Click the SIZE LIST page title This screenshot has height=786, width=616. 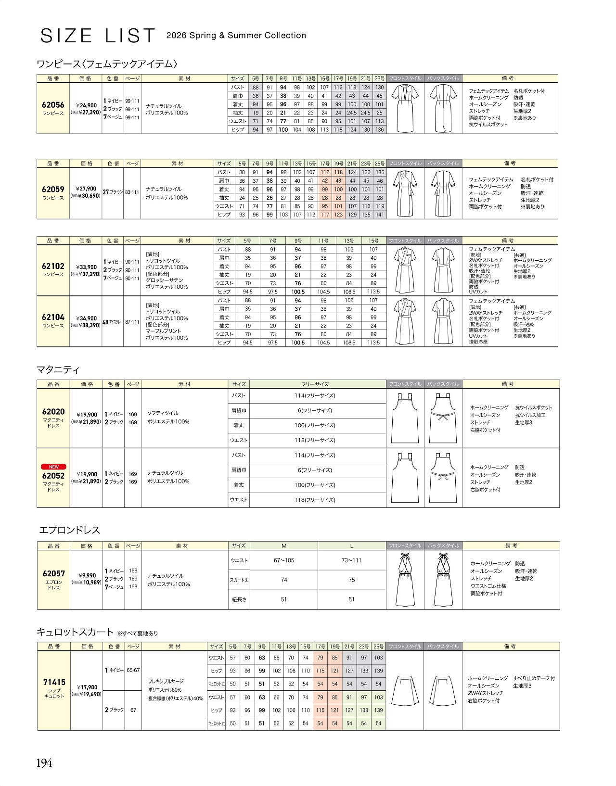pyautogui.click(x=98, y=36)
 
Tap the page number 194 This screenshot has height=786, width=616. pyautogui.click(x=44, y=763)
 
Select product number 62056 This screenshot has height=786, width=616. pyautogui.click(x=53, y=105)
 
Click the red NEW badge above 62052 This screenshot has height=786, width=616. pyautogui.click(x=53, y=467)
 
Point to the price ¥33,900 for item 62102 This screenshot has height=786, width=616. pyautogui.click(x=86, y=267)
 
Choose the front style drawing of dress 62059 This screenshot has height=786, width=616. pyautogui.click(x=405, y=193)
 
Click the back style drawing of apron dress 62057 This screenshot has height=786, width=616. pyautogui.click(x=443, y=580)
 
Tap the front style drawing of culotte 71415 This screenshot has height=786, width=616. pyautogui.click(x=405, y=691)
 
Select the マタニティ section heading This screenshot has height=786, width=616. pyautogui.click(x=58, y=369)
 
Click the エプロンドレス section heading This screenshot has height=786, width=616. pyautogui.click(x=70, y=530)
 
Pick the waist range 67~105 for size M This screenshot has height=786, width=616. pyautogui.click(x=284, y=560)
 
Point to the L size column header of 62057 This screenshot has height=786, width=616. pyautogui.click(x=352, y=546)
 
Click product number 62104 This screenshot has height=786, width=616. pyautogui.click(x=53, y=317)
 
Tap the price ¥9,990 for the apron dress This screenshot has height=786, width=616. pyautogui.click(x=87, y=575)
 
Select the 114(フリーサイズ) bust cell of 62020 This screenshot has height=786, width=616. pyautogui.click(x=315, y=396)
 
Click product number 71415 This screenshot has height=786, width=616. pyautogui.click(x=54, y=682)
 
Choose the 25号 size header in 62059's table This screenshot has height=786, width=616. pyautogui.click(x=380, y=164)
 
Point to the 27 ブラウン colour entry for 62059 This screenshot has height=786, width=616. pyautogui.click(x=113, y=192)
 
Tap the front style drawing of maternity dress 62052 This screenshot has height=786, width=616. pyautogui.click(x=405, y=478)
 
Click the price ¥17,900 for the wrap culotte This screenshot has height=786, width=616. pyautogui.click(x=87, y=687)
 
